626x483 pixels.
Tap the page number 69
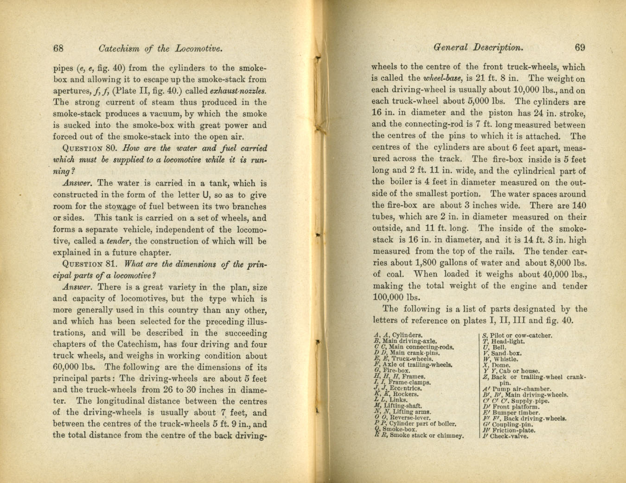pos(580,47)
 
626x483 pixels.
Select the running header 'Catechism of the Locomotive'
pos(158,48)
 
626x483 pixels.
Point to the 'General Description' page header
pos(478,47)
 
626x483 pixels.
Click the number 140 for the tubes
pos(579,206)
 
